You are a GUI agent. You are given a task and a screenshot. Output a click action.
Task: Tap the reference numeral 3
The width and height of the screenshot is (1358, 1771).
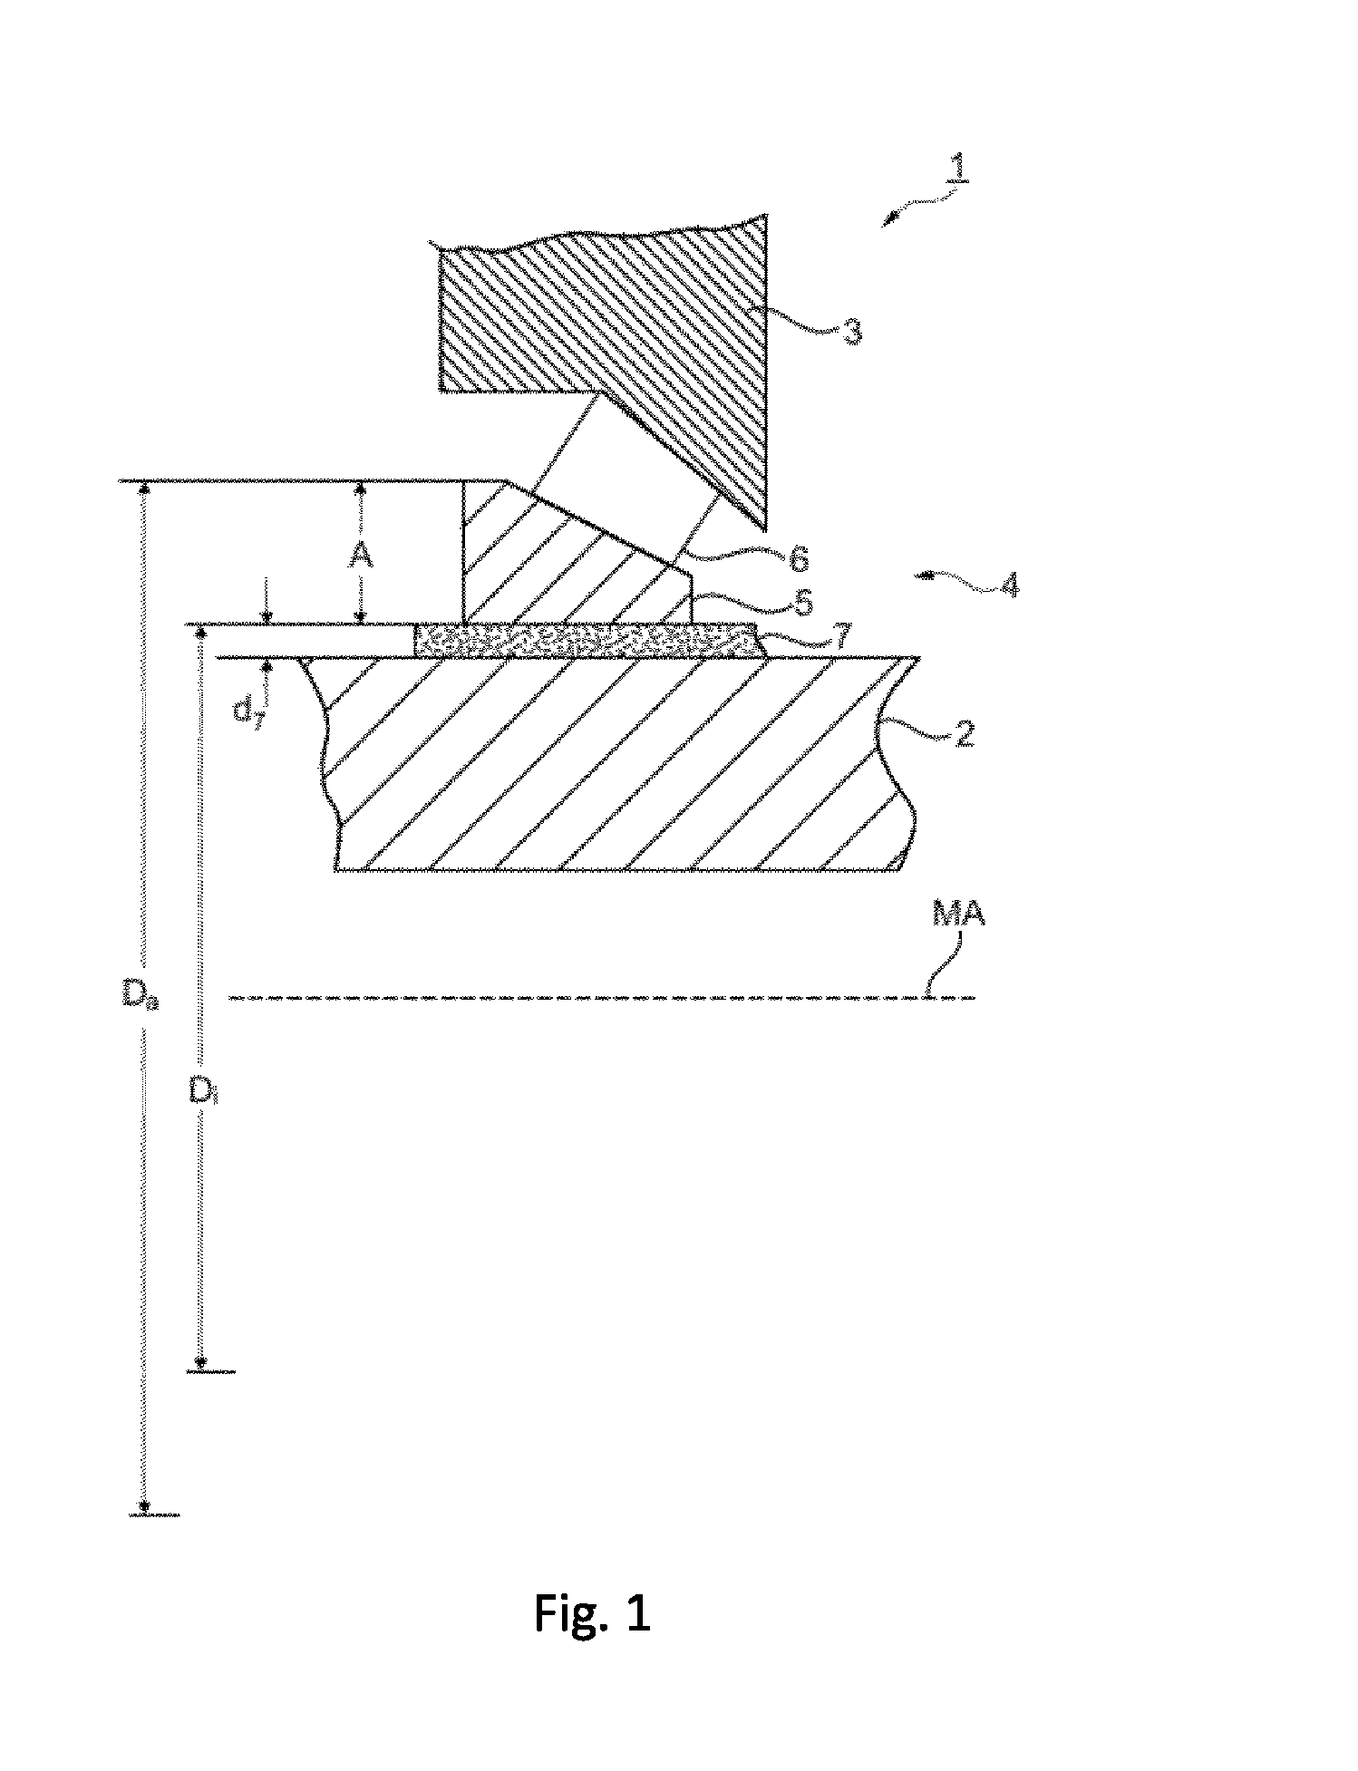point(851,330)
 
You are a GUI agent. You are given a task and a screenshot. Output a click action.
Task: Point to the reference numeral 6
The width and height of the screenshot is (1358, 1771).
point(798,559)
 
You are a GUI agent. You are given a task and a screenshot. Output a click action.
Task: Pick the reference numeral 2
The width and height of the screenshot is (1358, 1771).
point(965,732)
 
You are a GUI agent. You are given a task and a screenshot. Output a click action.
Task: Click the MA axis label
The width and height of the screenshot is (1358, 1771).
point(958,915)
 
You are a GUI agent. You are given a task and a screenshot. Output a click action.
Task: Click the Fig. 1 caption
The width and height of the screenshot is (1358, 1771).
point(591,1613)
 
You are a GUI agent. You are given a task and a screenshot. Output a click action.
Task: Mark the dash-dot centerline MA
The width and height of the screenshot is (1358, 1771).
point(603,998)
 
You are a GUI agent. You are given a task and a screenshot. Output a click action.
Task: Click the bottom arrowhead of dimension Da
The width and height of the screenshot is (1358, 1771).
point(143,1505)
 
